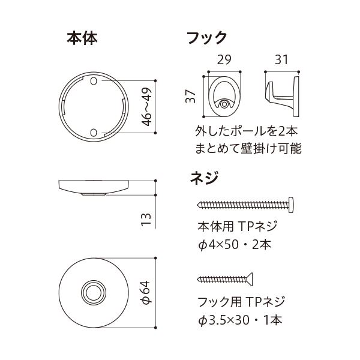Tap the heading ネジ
point(203,178)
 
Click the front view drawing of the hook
point(224,95)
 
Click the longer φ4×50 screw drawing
point(245,204)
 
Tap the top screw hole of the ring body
point(94,81)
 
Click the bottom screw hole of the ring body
point(94,132)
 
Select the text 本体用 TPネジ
point(236,227)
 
